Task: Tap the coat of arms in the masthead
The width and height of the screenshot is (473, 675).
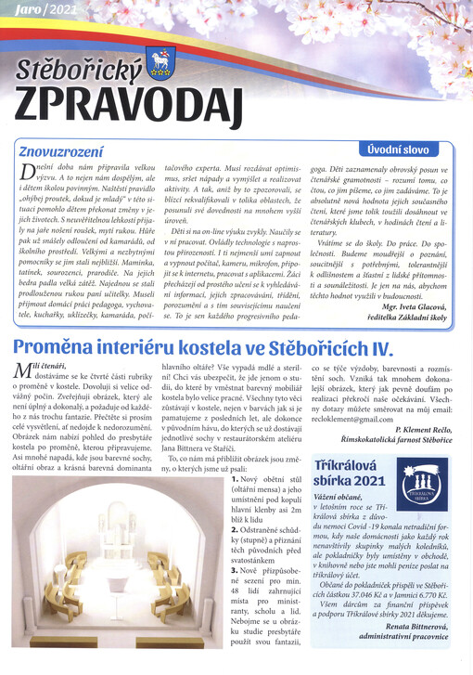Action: click(x=161, y=62)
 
